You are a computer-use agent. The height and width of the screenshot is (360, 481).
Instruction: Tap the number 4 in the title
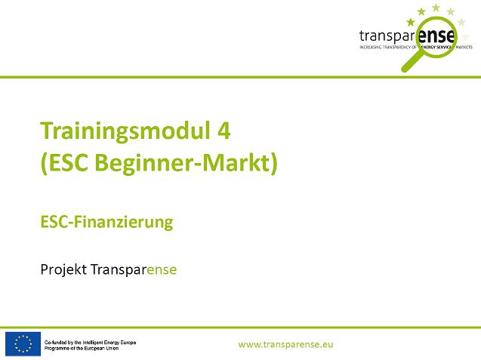(x=224, y=130)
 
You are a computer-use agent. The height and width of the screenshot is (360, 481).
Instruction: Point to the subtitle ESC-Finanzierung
(x=106, y=222)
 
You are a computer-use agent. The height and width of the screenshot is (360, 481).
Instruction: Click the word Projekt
(x=63, y=269)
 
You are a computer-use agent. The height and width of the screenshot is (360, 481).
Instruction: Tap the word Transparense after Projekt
(x=134, y=269)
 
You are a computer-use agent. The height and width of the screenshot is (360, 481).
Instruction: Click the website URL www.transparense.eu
(x=285, y=344)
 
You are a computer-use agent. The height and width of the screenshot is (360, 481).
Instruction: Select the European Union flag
(x=23, y=344)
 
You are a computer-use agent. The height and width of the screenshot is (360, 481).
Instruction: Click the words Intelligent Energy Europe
(x=109, y=342)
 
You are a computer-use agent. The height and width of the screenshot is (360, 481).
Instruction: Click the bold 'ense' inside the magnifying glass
(x=436, y=36)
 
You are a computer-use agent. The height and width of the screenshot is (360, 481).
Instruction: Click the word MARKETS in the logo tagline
(x=464, y=47)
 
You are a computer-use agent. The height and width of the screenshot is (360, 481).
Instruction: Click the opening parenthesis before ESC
(x=44, y=163)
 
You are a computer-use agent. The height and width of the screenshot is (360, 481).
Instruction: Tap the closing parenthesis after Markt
(x=274, y=163)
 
